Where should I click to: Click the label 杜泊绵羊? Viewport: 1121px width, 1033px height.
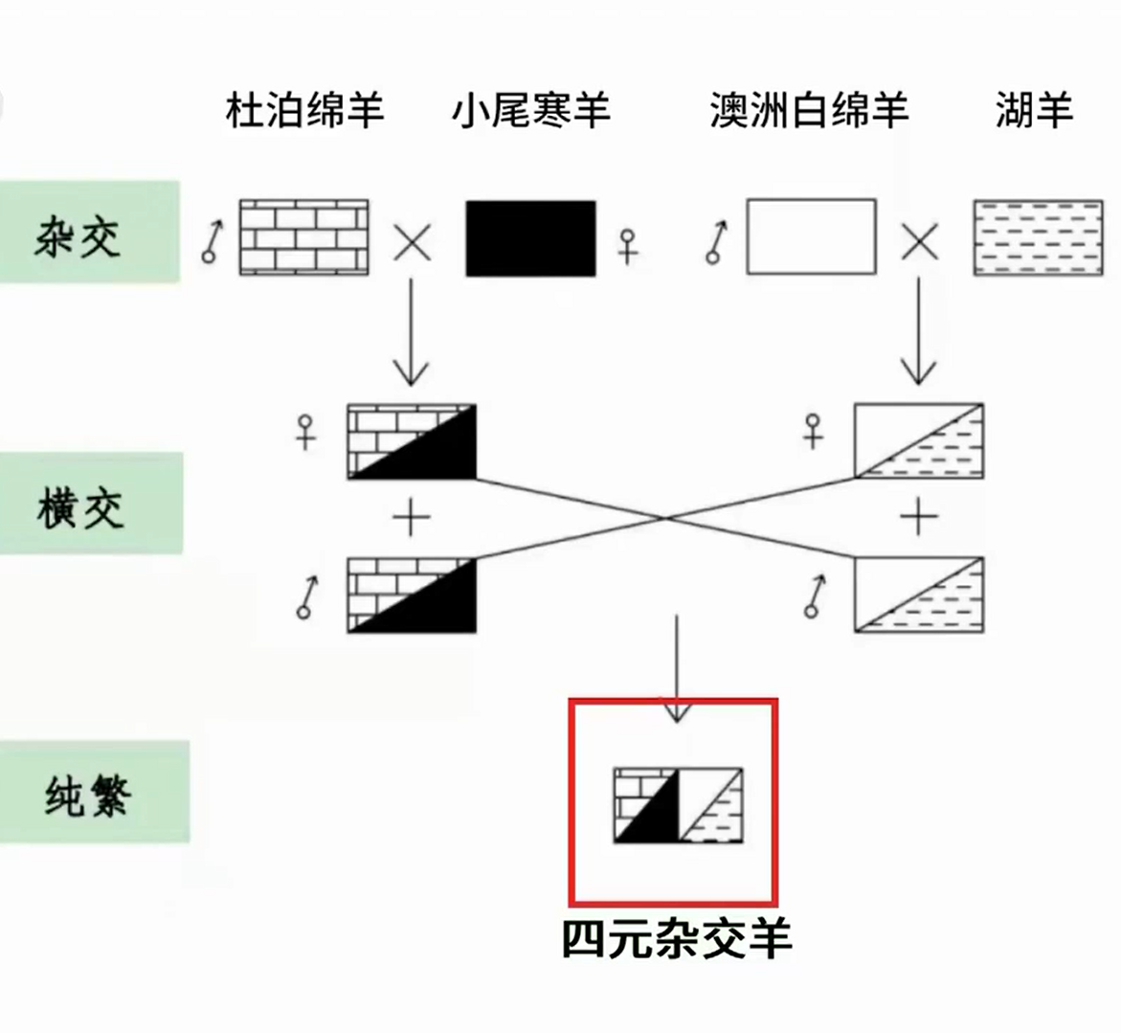click(304, 111)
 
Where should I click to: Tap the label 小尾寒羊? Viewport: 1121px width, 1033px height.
click(531, 111)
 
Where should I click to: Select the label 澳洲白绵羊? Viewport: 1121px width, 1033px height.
click(809, 111)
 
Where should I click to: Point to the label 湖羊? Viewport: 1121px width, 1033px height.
click(1034, 111)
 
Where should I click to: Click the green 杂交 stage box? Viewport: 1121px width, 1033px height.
click(88, 233)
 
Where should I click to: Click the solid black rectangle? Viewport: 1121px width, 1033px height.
click(530, 238)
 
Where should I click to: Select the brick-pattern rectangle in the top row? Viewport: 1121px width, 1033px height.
click(303, 237)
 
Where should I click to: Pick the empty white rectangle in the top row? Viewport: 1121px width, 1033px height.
click(811, 236)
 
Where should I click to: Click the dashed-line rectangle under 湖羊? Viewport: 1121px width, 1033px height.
click(1037, 238)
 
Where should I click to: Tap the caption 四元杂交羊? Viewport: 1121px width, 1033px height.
click(677, 939)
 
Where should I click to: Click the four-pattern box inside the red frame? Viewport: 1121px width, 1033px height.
click(678, 805)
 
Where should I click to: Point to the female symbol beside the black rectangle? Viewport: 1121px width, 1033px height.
click(628, 245)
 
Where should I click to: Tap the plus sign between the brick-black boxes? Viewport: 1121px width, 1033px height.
click(412, 519)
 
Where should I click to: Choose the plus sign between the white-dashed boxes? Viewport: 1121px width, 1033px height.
click(919, 518)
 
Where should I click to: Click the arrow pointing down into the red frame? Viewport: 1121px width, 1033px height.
click(677, 670)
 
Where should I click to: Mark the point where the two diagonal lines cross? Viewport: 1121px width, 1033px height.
click(665, 518)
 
